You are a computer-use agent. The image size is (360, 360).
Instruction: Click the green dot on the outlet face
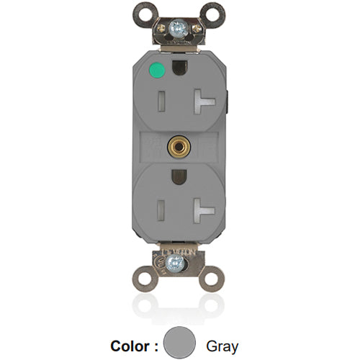[x=153, y=71]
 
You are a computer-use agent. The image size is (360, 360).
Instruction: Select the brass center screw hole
[x=176, y=146]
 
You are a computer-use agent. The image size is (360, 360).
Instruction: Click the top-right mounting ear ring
[x=212, y=13]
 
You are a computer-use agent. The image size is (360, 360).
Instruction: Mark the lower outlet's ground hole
[x=176, y=176]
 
